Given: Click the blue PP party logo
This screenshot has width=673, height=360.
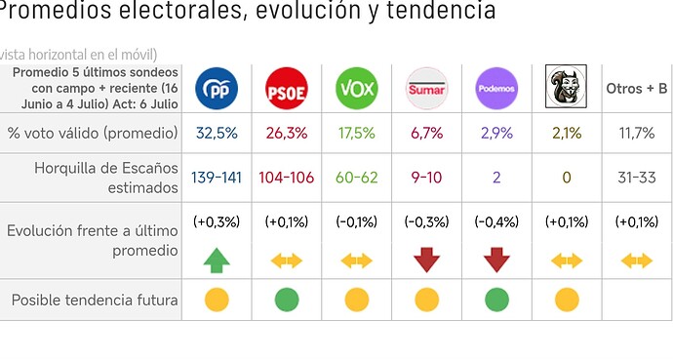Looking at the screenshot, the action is (217, 89).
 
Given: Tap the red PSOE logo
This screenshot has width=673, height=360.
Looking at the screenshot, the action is (287, 89).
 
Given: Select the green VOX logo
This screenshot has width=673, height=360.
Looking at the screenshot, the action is (357, 89).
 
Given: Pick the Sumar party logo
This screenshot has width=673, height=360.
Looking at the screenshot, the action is (426, 89).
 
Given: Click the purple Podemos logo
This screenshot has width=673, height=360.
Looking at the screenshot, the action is (496, 89).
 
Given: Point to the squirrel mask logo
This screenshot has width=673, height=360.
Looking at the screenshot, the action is (566, 87).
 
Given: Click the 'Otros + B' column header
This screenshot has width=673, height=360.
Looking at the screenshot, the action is (637, 89).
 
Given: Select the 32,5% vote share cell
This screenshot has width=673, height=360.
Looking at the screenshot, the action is (217, 133).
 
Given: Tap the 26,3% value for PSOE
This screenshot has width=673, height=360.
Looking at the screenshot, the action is (287, 133).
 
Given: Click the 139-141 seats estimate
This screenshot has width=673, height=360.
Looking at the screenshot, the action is (217, 178).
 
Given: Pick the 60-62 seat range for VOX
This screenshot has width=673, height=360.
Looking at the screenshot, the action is (357, 178).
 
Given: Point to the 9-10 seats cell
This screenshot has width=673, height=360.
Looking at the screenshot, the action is (426, 178).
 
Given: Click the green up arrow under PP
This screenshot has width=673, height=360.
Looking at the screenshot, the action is (217, 260).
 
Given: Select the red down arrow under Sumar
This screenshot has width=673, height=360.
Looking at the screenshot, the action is (426, 260).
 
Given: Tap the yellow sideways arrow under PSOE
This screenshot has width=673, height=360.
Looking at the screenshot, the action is (287, 260).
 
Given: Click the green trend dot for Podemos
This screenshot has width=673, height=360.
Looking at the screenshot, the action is (496, 300).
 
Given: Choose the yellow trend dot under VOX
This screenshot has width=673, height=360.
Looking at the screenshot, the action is (357, 300).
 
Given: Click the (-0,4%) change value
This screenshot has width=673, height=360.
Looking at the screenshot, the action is (496, 221).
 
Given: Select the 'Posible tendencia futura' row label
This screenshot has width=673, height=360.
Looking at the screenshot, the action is (95, 300).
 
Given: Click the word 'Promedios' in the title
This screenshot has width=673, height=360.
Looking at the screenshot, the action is (54, 10).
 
